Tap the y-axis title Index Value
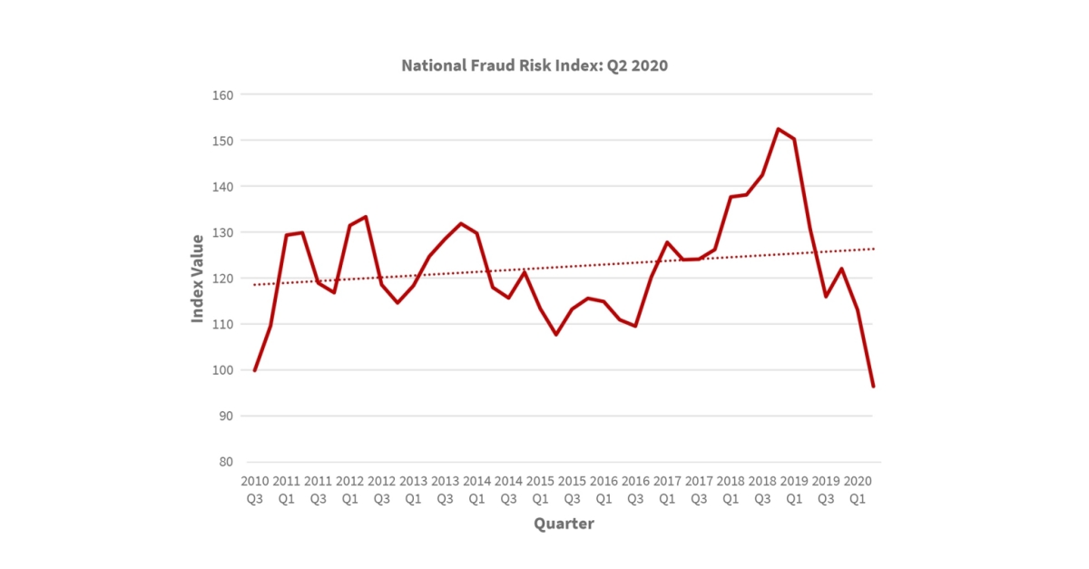(x=198, y=278)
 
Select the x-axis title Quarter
(x=564, y=524)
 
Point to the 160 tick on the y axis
(x=222, y=94)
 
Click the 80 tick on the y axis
(x=226, y=462)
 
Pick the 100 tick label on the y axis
(x=222, y=370)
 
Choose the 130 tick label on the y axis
(x=222, y=232)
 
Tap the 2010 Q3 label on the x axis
(x=255, y=488)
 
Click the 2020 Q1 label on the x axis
(x=858, y=488)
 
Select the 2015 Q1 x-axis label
(x=540, y=488)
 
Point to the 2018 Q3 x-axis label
(x=762, y=488)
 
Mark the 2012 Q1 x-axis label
(x=350, y=488)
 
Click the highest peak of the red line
(x=779, y=129)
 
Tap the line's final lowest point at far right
(x=873, y=387)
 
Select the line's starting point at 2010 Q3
(x=255, y=370)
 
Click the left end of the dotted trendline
(x=255, y=285)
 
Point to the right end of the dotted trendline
(x=873, y=249)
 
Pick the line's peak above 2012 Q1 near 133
(x=366, y=217)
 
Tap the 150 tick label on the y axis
(x=222, y=141)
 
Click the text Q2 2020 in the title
(x=637, y=66)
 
